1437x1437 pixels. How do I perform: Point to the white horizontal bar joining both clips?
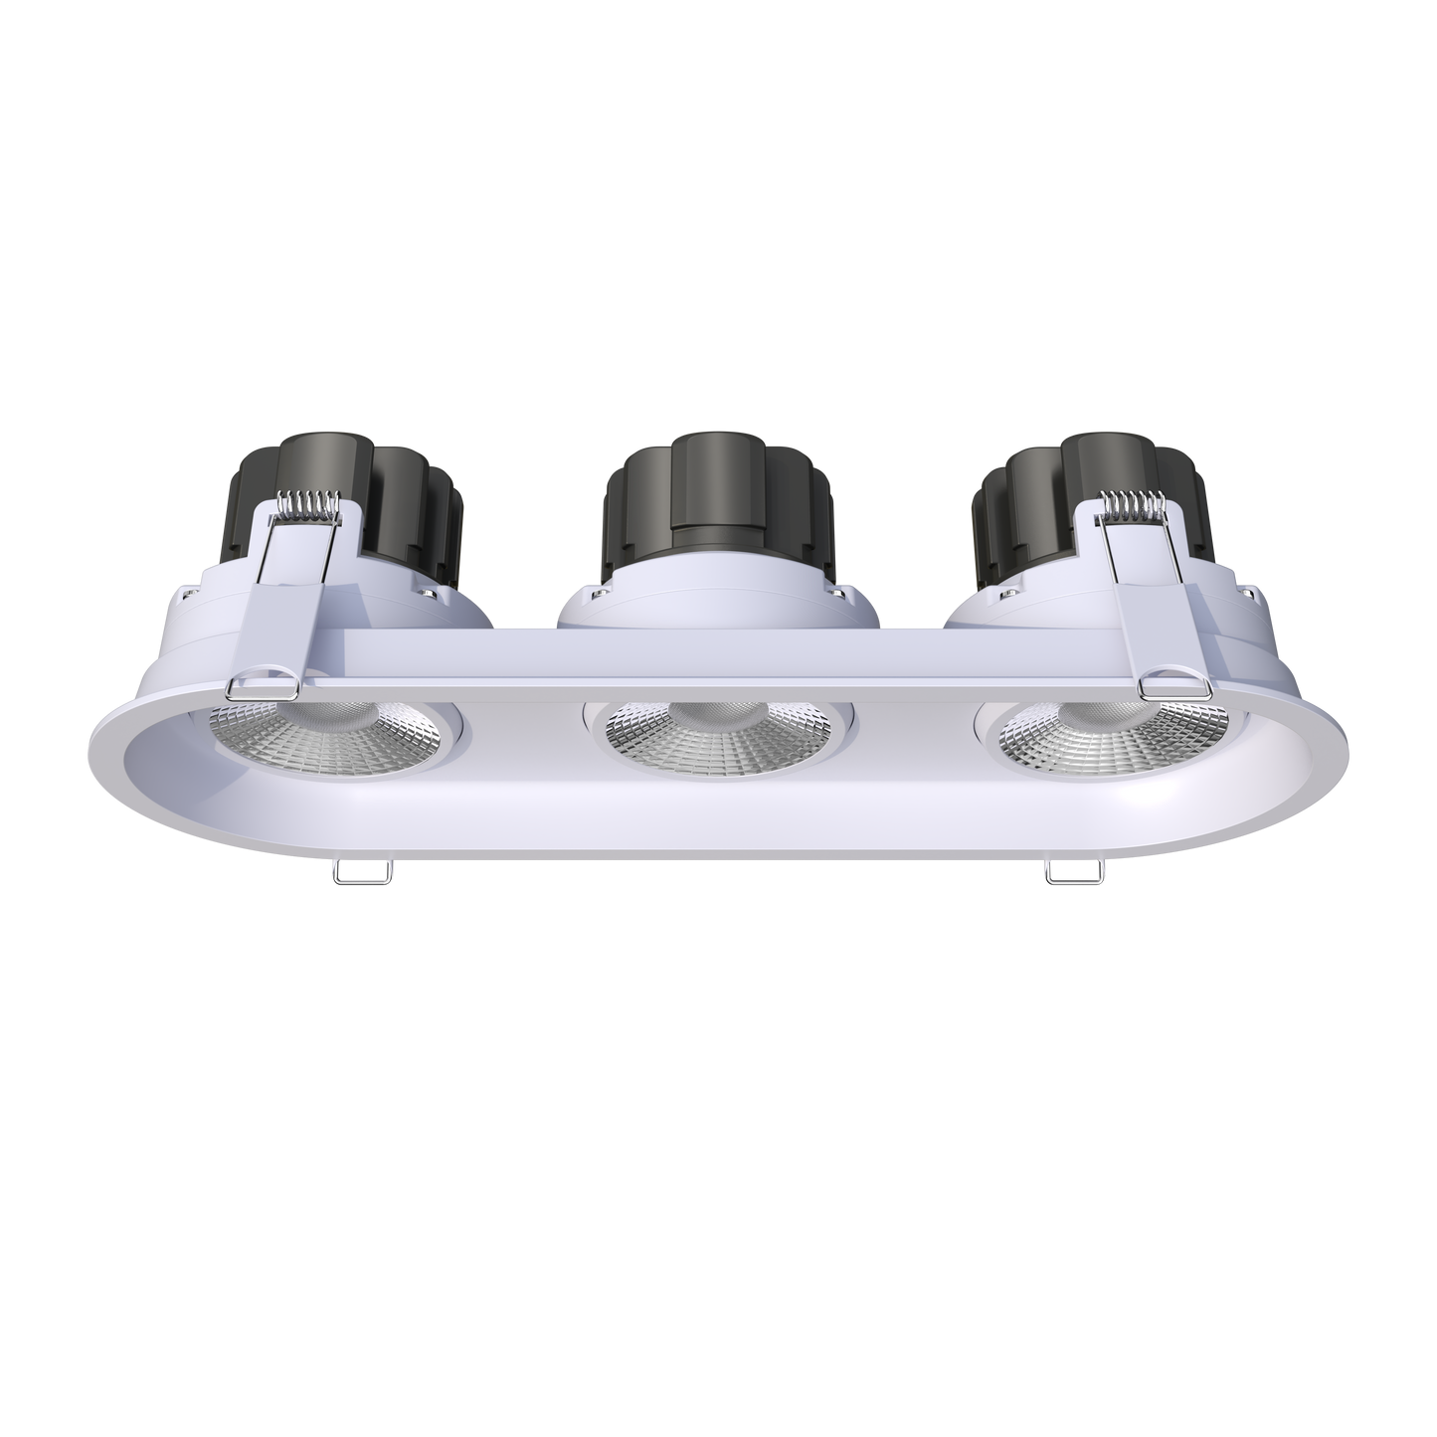tap(716, 656)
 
